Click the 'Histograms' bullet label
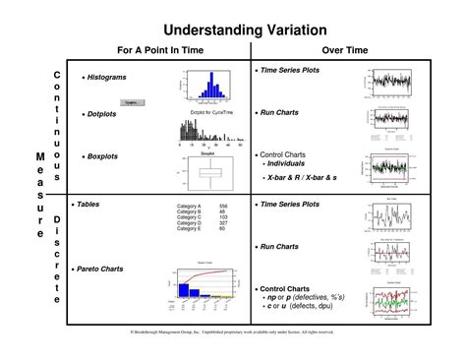[x=108, y=77]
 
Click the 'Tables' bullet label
[x=99, y=205]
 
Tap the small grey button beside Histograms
[x=130, y=101]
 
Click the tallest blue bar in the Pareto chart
[x=184, y=285]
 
